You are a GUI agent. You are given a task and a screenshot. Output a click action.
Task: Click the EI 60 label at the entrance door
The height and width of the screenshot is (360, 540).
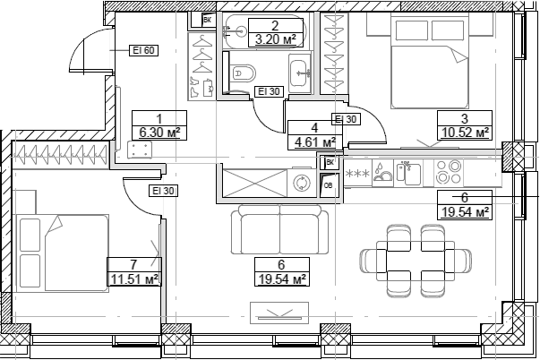[x=144, y=50]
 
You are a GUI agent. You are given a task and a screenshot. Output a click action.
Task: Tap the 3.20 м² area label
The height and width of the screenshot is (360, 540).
[x=276, y=39]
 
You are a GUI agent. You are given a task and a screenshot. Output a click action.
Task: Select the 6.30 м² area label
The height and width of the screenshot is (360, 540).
[x=159, y=133]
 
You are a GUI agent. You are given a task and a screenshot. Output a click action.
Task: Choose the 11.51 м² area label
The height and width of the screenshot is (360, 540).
[x=133, y=279]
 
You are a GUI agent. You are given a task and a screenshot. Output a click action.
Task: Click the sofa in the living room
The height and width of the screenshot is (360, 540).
[x=279, y=231]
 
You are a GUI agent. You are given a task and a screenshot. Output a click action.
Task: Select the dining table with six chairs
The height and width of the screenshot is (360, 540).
[x=416, y=261]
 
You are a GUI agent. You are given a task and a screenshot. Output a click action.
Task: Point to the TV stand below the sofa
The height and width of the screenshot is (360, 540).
[x=280, y=313]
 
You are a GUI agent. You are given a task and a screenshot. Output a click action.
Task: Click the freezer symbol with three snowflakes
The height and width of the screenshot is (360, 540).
[x=357, y=173]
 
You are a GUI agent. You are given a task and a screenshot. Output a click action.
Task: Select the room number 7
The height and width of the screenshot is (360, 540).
[x=133, y=264]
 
